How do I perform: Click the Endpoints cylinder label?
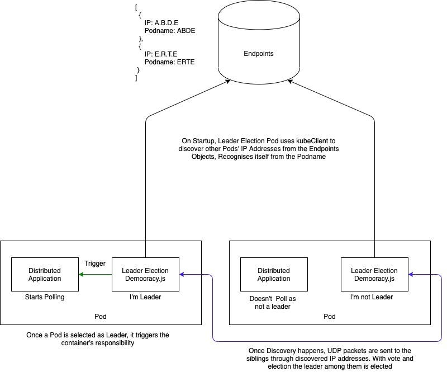(258, 54)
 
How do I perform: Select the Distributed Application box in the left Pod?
(45, 274)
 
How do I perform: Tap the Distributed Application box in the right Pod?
(274, 274)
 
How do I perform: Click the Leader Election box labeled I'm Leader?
(145, 274)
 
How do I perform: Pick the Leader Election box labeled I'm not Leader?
(374, 274)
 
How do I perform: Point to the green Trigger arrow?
(95, 274)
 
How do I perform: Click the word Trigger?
(95, 264)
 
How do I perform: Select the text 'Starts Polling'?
(45, 297)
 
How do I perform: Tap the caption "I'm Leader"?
(145, 297)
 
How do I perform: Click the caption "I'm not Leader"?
(372, 297)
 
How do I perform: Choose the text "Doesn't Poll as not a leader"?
(273, 303)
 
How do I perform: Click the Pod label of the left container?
(101, 317)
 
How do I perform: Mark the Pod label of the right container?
(330, 317)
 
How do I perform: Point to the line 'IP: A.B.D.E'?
(161, 23)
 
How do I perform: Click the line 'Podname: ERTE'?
(169, 62)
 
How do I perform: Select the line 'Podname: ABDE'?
(170, 31)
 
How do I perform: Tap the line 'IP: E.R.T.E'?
(161, 54)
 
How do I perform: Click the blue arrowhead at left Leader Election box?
(182, 274)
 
